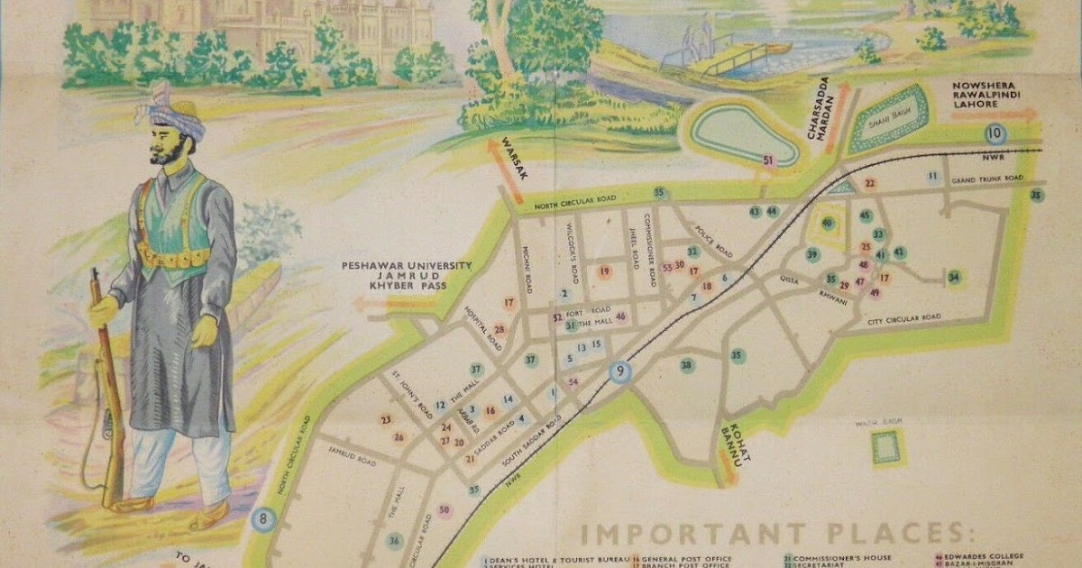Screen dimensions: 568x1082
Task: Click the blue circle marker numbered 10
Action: pyautogui.click(x=995, y=135)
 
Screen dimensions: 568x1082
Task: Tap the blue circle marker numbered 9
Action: pyautogui.click(x=620, y=371)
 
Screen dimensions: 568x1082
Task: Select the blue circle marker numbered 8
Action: pyautogui.click(x=262, y=520)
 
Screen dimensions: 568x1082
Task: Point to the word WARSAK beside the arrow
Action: pyautogui.click(x=510, y=154)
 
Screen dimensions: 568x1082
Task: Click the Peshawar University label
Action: pyautogui.click(x=406, y=265)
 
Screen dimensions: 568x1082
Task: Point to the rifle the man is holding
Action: pyautogui.click(x=107, y=388)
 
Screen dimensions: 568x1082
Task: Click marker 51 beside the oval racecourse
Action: pyautogui.click(x=768, y=160)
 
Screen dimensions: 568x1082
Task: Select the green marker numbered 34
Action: pyautogui.click(x=954, y=277)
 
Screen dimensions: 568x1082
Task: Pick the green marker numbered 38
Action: pyautogui.click(x=687, y=365)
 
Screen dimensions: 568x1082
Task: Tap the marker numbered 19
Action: pyautogui.click(x=605, y=271)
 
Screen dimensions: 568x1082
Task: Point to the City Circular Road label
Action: pyautogui.click(x=903, y=318)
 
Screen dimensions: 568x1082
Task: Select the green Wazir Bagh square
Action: pyautogui.click(x=886, y=446)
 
